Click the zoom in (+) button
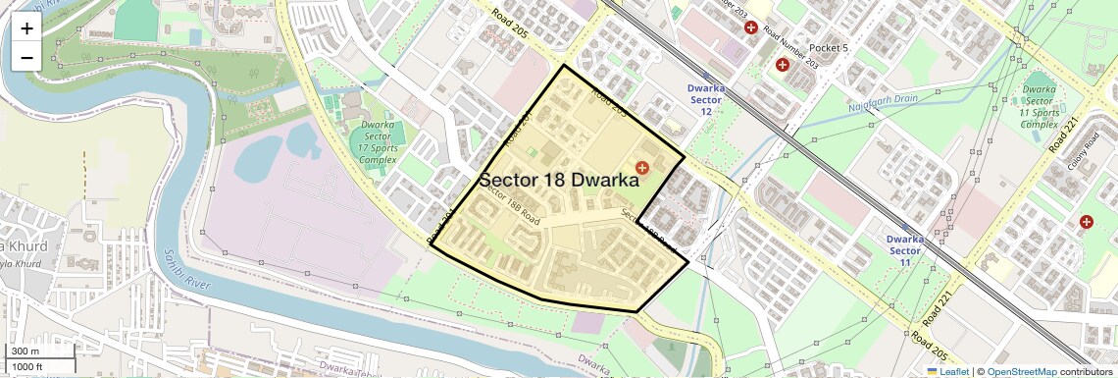point(26,28)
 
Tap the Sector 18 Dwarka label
point(558,181)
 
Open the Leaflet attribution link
point(947,371)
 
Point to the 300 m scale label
point(25,351)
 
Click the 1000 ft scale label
point(28,366)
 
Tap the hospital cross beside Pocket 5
point(783,65)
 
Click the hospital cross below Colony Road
point(1087,223)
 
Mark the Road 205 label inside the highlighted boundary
point(608,102)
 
